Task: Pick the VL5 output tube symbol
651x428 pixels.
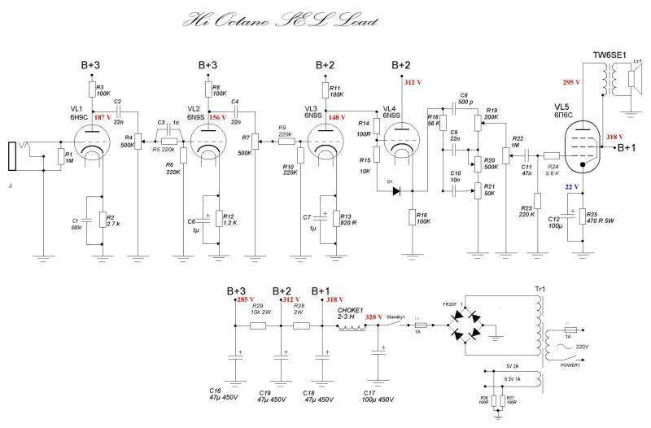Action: [x=584, y=154]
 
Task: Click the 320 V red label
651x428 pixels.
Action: [x=374, y=317]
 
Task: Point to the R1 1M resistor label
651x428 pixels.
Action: [x=69, y=157]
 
